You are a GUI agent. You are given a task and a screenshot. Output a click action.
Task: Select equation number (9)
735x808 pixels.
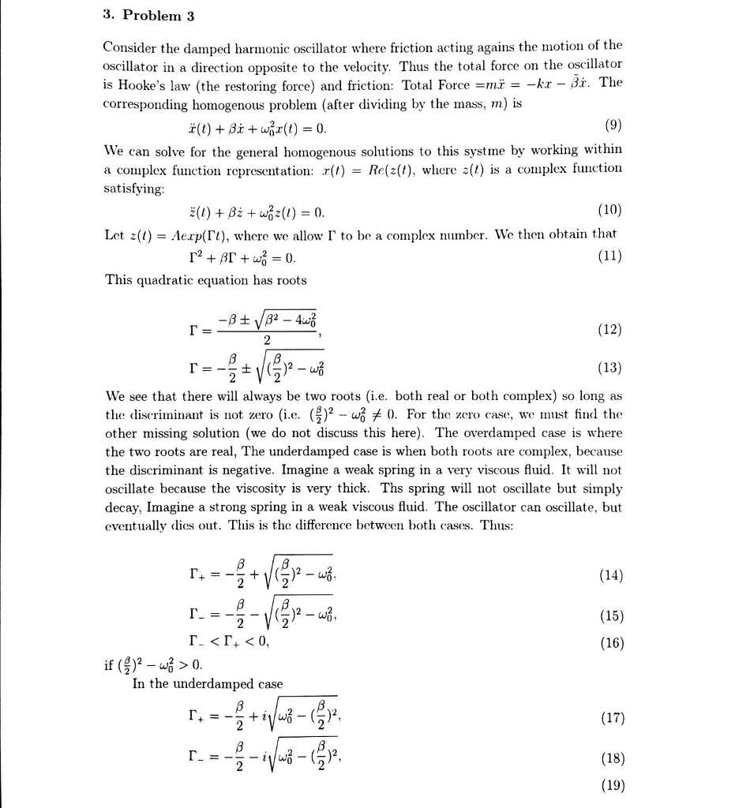612,126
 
